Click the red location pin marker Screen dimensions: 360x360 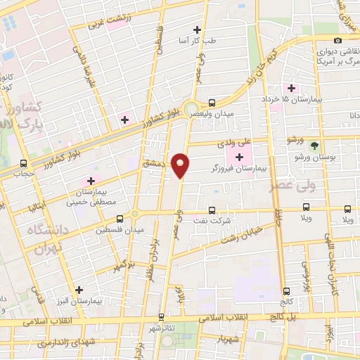181,165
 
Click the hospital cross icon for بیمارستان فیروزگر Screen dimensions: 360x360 241,156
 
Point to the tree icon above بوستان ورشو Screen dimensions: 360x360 314,146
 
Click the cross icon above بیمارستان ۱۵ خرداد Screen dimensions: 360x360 291,88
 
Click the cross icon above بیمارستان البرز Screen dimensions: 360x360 79,289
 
